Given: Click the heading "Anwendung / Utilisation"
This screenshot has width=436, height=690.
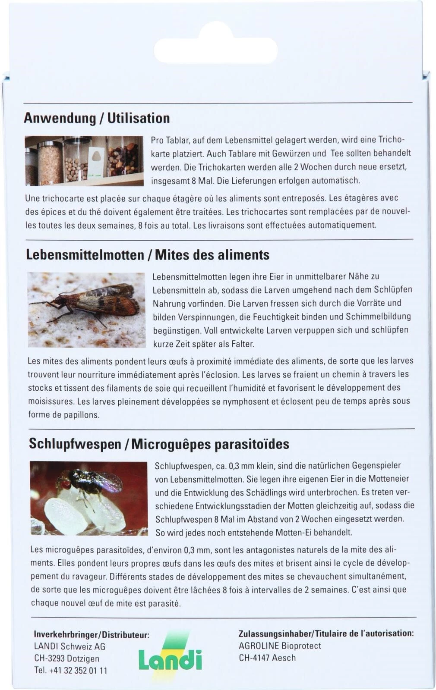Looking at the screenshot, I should coord(97,118).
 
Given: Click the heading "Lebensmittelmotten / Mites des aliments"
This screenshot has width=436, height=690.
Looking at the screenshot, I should coord(148,254).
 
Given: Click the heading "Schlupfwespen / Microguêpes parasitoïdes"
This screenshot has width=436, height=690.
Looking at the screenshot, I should coord(159,444).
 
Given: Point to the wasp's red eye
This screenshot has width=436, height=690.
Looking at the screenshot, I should coord(65,484).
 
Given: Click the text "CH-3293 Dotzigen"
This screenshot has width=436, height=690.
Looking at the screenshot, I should coord(66,659).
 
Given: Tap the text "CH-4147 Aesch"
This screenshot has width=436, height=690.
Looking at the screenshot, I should coord(267,658).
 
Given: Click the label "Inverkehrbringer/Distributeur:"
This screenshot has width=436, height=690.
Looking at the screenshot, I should coord(92,635).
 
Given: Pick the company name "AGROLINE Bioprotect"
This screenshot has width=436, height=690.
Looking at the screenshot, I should coord(280,646).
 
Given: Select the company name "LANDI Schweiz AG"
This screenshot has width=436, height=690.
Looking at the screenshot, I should coord(69,646).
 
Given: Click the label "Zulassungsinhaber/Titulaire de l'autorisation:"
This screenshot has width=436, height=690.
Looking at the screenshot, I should coord(326,634).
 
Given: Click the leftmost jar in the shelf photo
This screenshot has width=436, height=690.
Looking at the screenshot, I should coord(31,164).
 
